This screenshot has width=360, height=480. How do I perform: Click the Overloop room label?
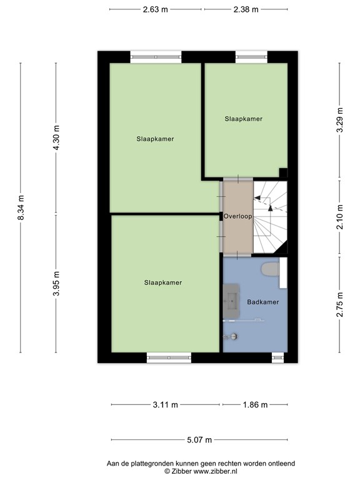[x=237, y=217]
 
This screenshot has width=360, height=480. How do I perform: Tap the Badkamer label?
[x=262, y=301]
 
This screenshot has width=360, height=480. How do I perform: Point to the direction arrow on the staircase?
[x=264, y=201]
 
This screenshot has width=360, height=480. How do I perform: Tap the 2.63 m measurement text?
[x=156, y=9]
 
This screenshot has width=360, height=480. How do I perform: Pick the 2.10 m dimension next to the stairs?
[x=340, y=217]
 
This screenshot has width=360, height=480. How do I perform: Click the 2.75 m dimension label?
[x=340, y=305]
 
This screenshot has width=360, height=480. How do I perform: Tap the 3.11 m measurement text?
[x=165, y=405]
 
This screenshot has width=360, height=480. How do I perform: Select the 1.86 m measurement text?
[x=254, y=405]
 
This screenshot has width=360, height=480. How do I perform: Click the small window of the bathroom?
[x=277, y=357]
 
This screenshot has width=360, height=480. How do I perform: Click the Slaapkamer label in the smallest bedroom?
[x=244, y=119]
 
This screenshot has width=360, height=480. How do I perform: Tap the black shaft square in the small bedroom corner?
[x=283, y=172]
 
